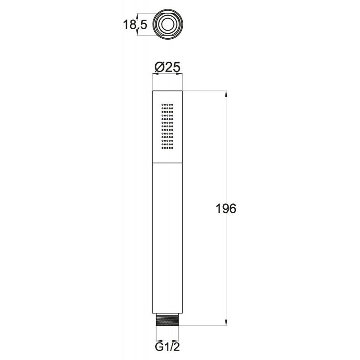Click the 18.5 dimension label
135,24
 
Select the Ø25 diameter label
167,67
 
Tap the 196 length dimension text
226,209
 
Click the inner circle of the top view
167,24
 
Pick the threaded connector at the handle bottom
167,319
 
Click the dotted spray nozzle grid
167,126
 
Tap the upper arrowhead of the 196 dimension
226,94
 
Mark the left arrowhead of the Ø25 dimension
155,74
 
